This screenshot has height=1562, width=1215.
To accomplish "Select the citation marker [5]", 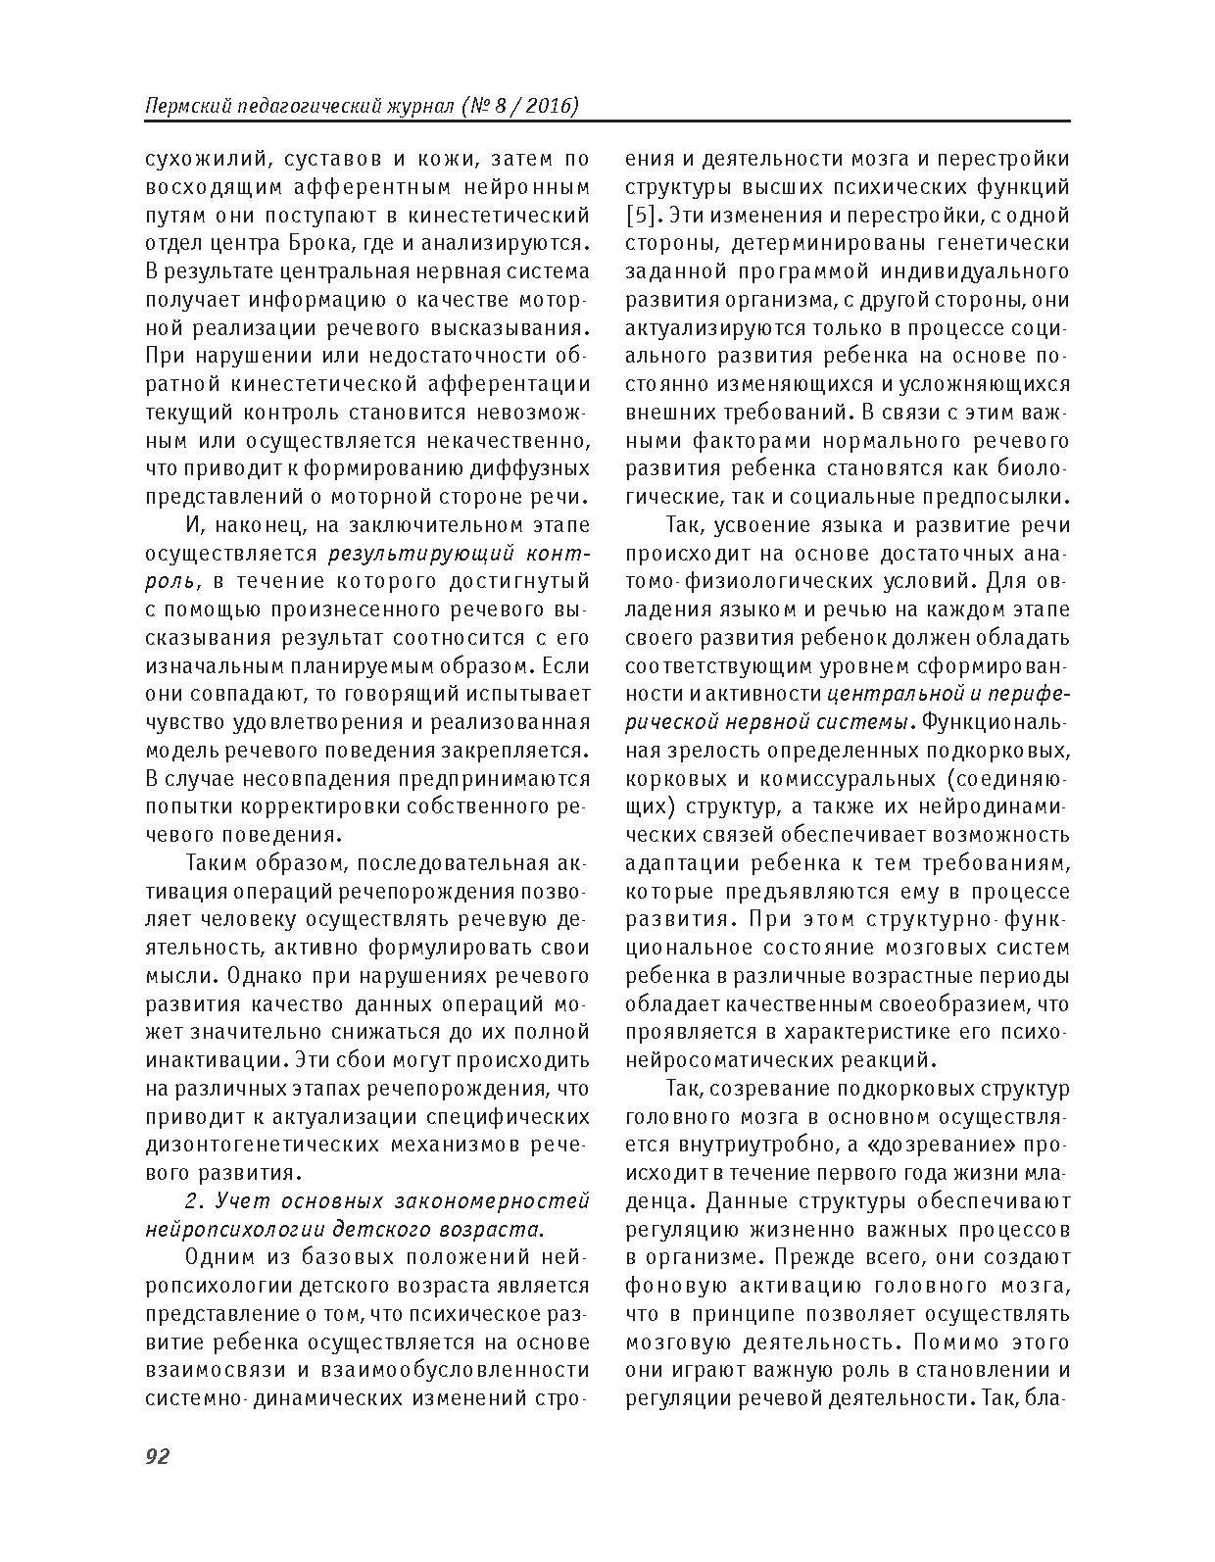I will click(642, 215).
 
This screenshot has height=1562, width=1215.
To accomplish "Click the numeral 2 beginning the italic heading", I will click(192, 1201).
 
